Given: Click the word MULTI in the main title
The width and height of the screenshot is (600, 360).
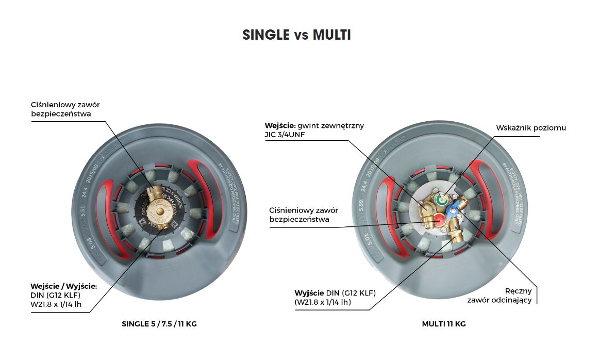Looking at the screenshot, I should pos(331,35).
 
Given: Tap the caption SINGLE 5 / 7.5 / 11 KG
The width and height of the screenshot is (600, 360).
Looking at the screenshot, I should pos(159,324).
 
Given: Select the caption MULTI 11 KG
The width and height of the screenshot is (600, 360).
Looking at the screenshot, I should pos(443,324).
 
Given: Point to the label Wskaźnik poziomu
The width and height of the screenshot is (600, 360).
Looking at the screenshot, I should pos(531,127).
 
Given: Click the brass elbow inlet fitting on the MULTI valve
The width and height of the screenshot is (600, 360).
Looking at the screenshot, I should pos(427,208).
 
